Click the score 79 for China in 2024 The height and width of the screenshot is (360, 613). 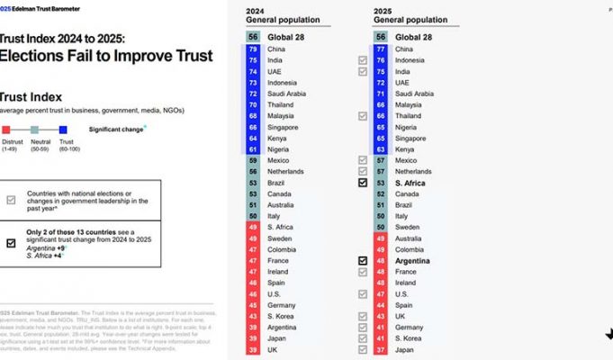coord(254,49)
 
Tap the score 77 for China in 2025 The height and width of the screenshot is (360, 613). coord(380,49)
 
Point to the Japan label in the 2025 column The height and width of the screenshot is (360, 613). coord(404,350)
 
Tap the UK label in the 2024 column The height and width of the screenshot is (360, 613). coord(273,350)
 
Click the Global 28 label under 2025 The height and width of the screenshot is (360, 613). coord(415,37)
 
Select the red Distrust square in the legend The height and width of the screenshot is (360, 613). coord(5,130)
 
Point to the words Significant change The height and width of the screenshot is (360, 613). coord(115,130)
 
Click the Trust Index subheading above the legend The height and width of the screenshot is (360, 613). coord(31,95)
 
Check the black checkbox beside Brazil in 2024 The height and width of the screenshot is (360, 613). coord(362,183)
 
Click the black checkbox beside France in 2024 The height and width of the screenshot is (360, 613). coord(362,260)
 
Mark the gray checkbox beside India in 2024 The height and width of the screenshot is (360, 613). coord(362,60)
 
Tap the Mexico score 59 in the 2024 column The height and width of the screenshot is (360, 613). coord(254,160)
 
